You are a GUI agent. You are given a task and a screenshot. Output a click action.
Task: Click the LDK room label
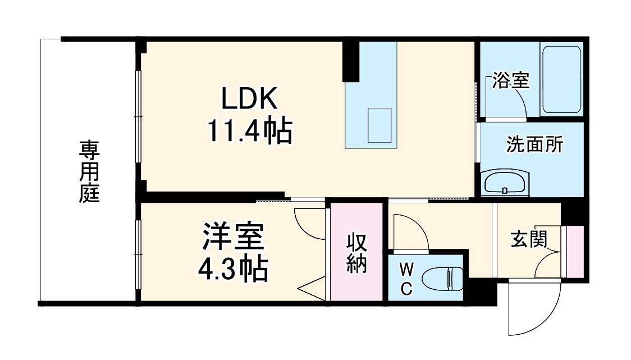(x=250, y=100)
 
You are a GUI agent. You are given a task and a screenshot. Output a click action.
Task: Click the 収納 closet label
(x=356, y=252)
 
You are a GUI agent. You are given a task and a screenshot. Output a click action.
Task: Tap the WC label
(x=406, y=279)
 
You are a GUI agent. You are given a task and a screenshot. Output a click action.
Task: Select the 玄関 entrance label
(x=528, y=239)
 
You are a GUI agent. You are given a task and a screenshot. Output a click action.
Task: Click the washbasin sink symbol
(x=506, y=183)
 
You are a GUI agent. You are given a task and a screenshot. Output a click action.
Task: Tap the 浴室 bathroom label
(x=510, y=81)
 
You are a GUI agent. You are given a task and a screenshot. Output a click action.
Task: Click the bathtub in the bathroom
(x=562, y=80)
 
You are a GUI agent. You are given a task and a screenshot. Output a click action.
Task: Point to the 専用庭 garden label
(x=89, y=172)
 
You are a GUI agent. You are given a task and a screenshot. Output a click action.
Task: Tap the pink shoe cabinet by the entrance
(x=575, y=251)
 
